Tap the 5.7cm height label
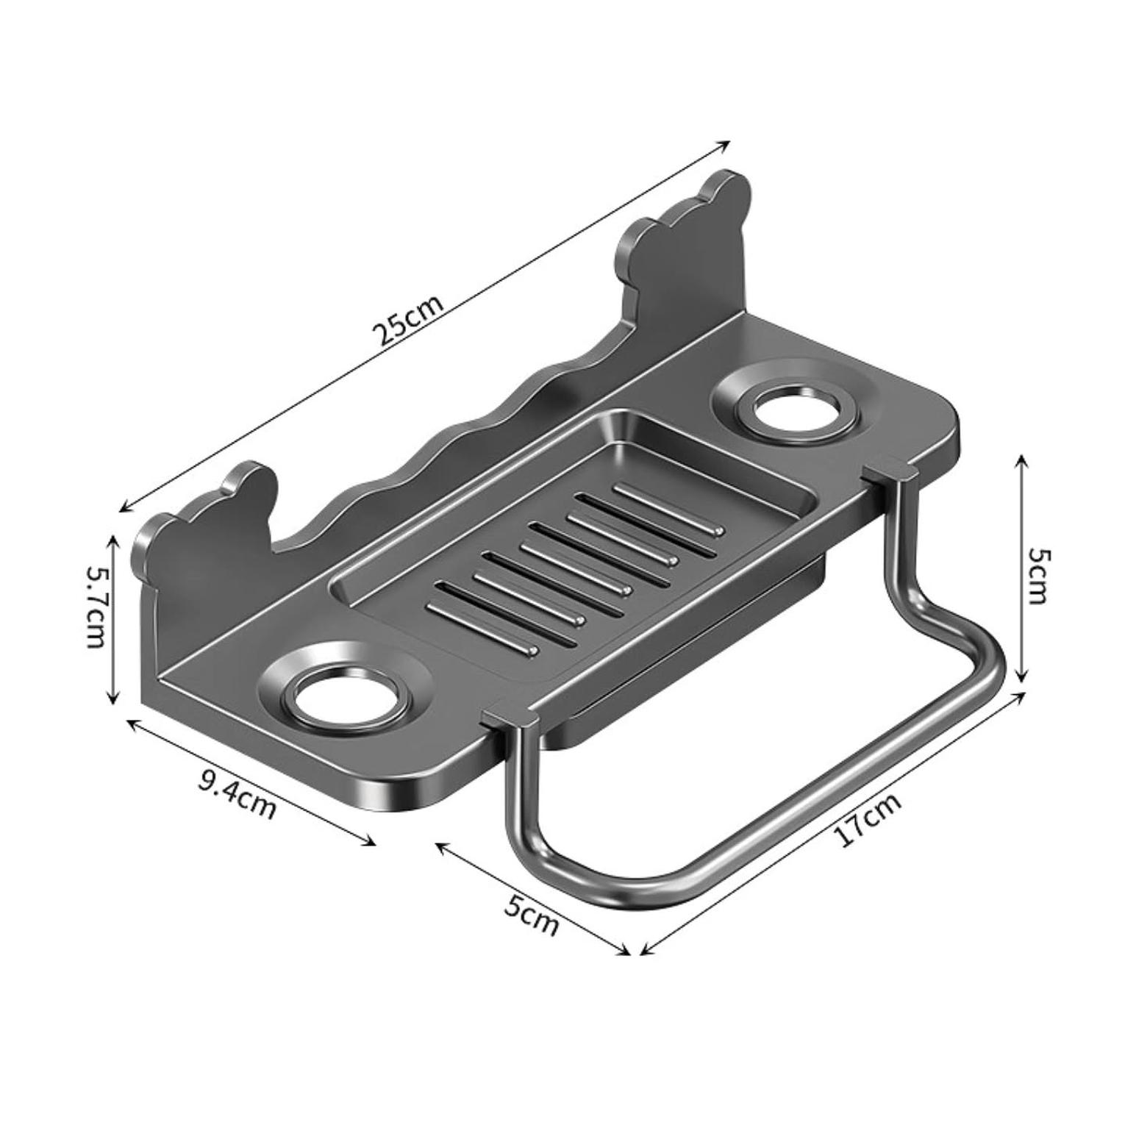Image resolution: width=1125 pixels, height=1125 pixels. point(97,607)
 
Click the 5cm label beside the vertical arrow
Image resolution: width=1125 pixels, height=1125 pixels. point(1035,575)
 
